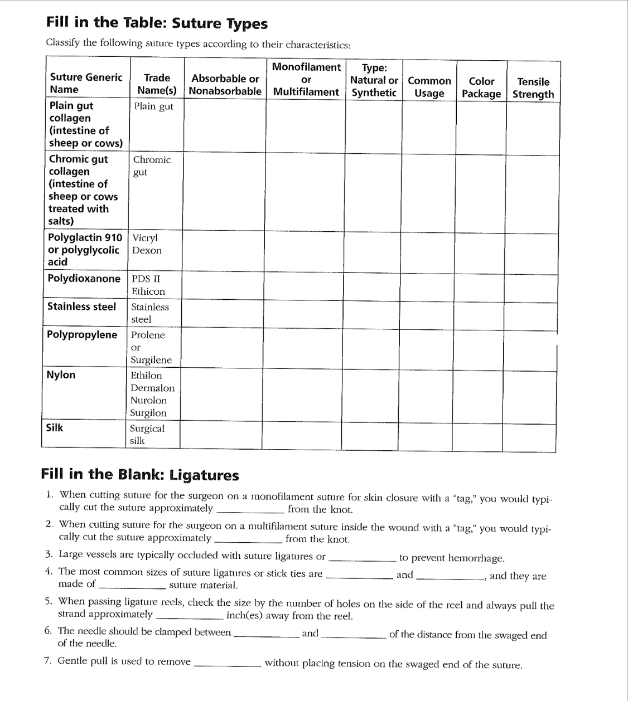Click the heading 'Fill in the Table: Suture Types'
click(x=157, y=23)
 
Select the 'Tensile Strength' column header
click(x=533, y=88)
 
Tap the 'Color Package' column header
click(x=481, y=87)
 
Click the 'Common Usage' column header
click(x=429, y=87)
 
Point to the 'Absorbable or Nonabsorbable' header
click(x=225, y=85)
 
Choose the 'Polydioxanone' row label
click(x=84, y=279)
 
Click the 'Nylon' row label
click(x=61, y=375)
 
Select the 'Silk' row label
click(x=55, y=428)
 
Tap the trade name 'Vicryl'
click(x=145, y=238)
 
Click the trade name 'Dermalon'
click(x=152, y=388)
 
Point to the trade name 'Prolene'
click(x=148, y=335)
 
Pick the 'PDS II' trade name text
click(x=146, y=279)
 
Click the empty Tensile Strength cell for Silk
click(x=528, y=436)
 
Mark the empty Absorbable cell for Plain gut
click(x=225, y=125)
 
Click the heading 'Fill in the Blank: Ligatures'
click(x=140, y=475)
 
